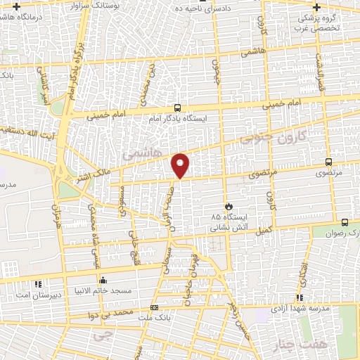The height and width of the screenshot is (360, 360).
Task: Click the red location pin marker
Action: (181, 165)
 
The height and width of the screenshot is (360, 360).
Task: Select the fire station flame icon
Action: (228, 206)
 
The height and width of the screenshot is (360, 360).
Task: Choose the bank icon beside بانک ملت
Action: (154, 307)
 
